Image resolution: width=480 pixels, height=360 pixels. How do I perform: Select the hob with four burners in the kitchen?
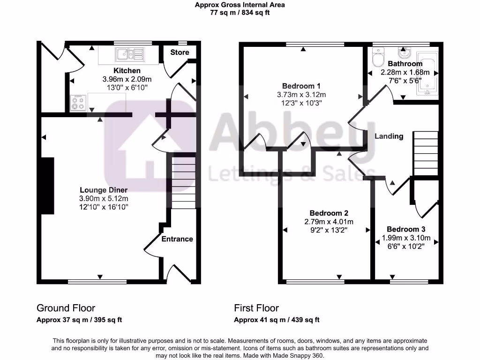pyautogui.click(x=78, y=103)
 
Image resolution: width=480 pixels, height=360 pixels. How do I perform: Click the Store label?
pyautogui.click(x=180, y=52)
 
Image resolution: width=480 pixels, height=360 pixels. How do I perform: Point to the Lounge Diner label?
pyautogui.click(x=104, y=190)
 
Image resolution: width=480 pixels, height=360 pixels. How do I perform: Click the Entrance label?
pyautogui.click(x=177, y=239)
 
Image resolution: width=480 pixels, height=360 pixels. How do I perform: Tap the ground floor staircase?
pyautogui.click(x=184, y=183)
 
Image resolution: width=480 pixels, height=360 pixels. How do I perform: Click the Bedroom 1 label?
pyautogui.click(x=301, y=86)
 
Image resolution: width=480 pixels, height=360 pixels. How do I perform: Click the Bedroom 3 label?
pyautogui.click(x=406, y=229)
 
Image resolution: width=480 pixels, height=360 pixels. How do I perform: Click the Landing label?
pyautogui.click(x=389, y=136)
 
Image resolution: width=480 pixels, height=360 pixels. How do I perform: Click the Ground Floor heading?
pyautogui.click(x=66, y=308)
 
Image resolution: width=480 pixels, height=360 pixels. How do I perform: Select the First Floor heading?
pyautogui.click(x=256, y=308)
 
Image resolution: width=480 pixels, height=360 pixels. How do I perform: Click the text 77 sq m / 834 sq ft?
pyautogui.click(x=240, y=13)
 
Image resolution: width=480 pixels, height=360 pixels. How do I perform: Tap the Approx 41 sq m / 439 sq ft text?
pyautogui.click(x=277, y=320)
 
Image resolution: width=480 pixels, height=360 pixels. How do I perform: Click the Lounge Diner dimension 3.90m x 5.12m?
pyautogui.click(x=104, y=198)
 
